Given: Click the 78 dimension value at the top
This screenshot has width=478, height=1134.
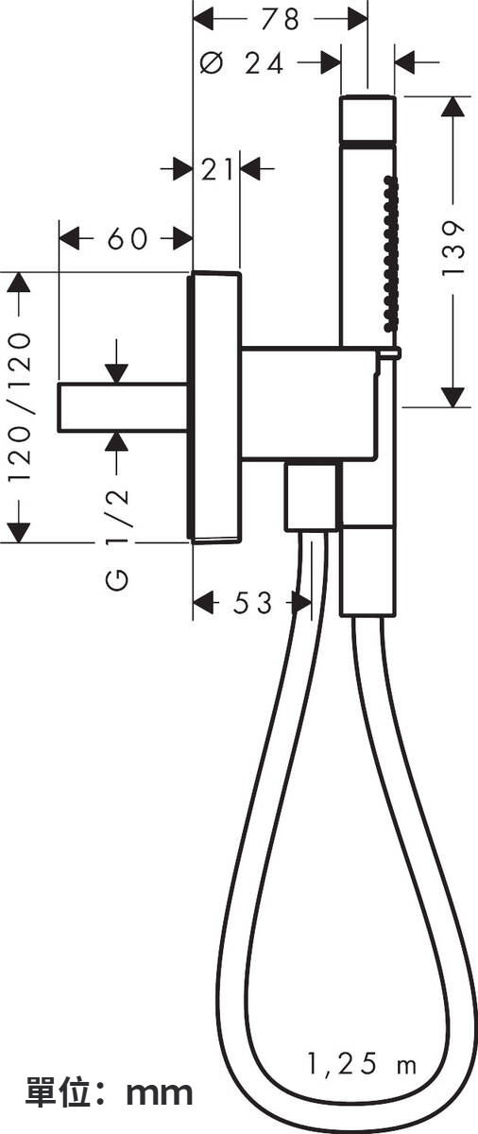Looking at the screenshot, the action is click(281, 19).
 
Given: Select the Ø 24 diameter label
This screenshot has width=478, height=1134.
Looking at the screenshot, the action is click(241, 64).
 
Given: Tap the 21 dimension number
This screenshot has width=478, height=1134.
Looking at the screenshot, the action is click(217, 169).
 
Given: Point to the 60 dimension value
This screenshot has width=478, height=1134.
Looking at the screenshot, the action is click(127, 238).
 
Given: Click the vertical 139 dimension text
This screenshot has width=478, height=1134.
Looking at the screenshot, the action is click(452, 247).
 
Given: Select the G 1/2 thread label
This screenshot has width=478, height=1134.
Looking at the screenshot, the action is click(117, 539).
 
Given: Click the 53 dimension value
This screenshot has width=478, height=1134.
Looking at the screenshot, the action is click(252, 603).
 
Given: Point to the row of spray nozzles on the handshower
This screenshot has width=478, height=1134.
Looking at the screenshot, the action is click(388, 253).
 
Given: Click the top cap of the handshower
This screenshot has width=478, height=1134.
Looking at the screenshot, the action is click(367, 116).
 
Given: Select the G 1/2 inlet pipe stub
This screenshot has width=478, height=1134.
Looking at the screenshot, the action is click(124, 408).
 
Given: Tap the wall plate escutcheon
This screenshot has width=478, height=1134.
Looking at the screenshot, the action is click(215, 408).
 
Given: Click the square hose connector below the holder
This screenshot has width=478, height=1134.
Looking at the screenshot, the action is click(311, 496).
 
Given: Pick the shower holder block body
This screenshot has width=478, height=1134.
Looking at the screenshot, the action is click(309, 404).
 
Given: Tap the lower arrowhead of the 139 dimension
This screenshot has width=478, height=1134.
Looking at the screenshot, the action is click(452, 397).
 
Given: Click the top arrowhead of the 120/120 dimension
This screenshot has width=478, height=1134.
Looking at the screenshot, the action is click(20, 283).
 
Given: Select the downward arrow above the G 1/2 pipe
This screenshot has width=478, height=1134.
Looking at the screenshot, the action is click(117, 361).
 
